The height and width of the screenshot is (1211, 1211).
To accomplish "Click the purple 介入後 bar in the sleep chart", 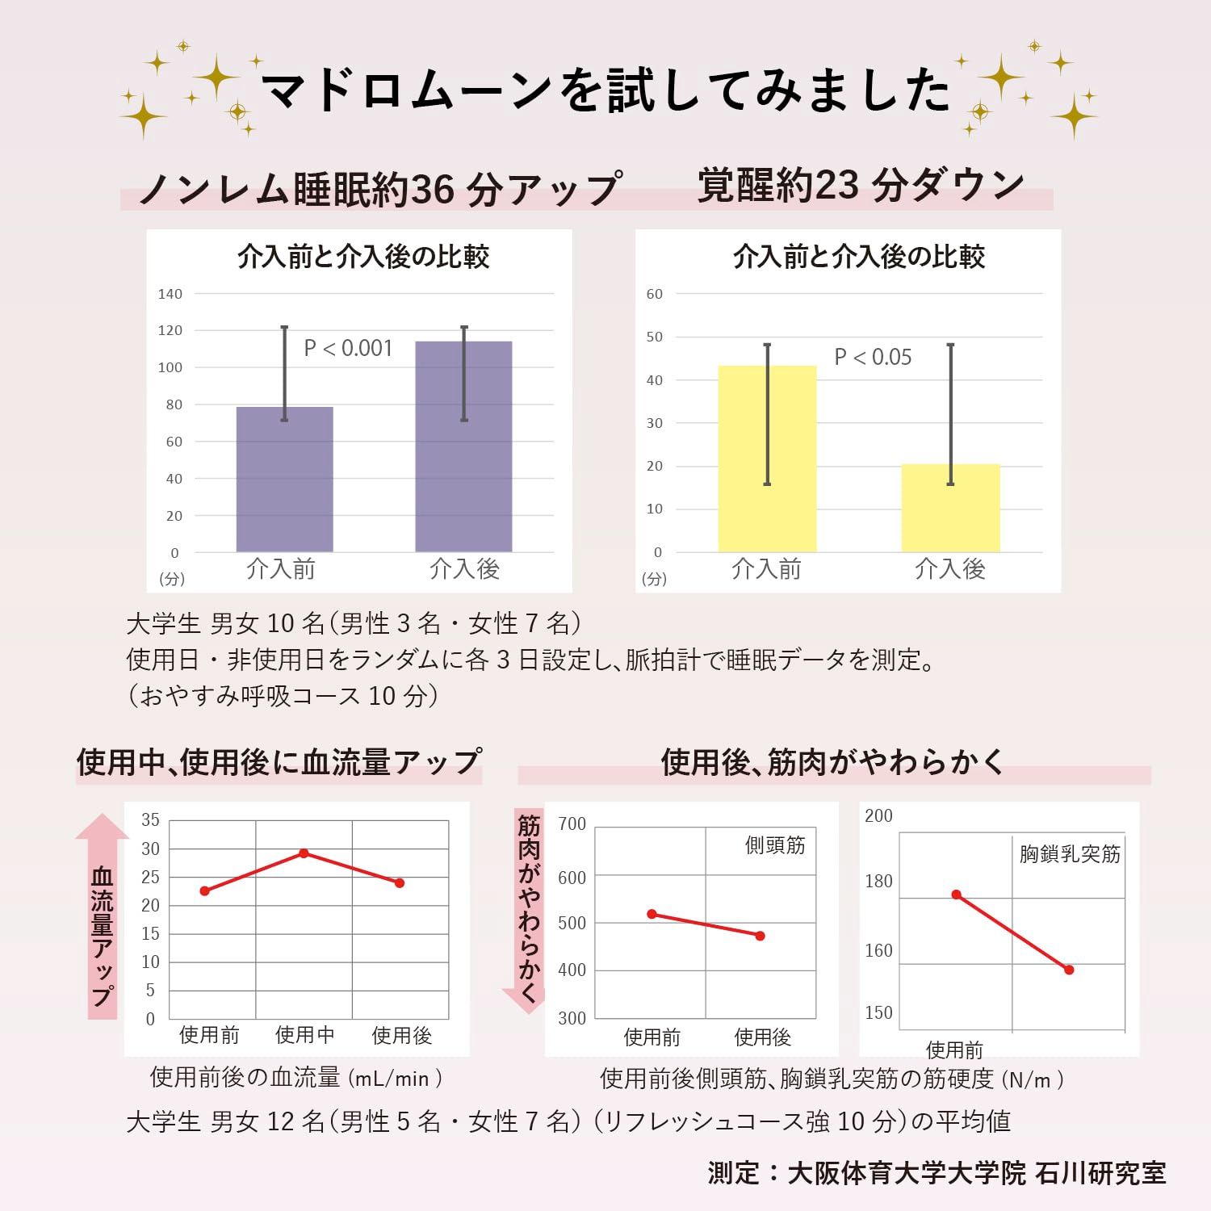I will coord(463,452).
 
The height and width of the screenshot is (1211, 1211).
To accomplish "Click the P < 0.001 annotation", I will coord(348,349).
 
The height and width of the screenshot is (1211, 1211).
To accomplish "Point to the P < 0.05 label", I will coord(873,358).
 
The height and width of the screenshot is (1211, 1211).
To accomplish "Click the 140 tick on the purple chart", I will coord(170,294).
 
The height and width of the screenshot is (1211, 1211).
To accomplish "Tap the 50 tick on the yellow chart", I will coord(654,337).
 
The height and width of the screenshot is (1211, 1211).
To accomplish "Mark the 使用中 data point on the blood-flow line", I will coord(304,853).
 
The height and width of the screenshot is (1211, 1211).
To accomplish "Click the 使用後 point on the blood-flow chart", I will coord(400,883).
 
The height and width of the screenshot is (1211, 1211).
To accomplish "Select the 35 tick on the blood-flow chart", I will coord(150,820).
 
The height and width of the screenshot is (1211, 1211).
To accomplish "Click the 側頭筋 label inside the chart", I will coord(775,846).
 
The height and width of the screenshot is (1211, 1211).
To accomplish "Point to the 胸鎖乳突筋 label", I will coord(1070,854).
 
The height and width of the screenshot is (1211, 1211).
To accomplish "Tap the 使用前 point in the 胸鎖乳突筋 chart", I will coord(956,895).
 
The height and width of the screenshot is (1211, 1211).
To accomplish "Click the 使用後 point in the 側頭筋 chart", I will coord(760,936).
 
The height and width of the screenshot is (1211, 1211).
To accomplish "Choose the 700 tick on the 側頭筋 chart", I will coord(572,824).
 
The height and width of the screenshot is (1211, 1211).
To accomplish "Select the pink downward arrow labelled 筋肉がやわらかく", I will coord(529,912).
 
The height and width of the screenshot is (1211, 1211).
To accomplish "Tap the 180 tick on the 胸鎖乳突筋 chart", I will coord(878,882).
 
